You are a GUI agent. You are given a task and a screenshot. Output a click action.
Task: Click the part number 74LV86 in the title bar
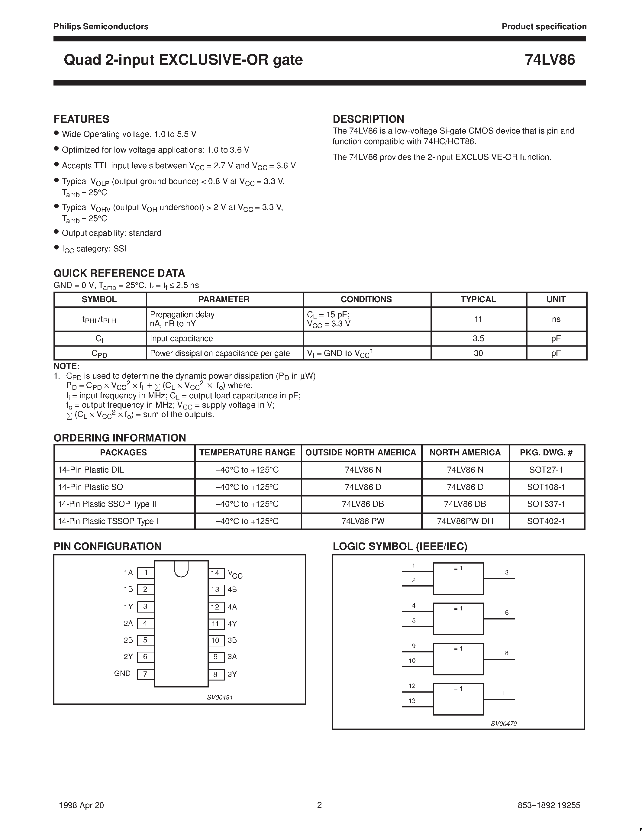coord(550,60)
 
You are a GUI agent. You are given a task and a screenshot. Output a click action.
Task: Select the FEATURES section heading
coord(81,119)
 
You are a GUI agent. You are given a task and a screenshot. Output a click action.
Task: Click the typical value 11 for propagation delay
coord(478,319)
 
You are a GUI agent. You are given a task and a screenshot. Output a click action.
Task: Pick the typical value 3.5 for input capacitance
coord(478,338)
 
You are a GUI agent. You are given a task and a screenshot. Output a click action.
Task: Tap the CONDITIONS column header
coord(366,299)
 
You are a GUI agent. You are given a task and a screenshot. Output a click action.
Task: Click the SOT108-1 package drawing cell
coord(546,487)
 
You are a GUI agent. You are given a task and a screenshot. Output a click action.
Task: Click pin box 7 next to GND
coord(145,674)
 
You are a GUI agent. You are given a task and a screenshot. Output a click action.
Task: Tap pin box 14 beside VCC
coord(215,573)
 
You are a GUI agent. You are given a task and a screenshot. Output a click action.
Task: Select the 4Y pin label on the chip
coord(232,624)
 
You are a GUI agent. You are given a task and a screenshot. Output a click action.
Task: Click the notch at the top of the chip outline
coord(181,569)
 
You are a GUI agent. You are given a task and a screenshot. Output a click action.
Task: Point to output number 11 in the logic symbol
coord(505,693)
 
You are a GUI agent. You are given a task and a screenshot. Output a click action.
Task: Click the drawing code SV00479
coord(504,724)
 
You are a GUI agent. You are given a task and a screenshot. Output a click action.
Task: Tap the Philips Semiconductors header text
coord(101,27)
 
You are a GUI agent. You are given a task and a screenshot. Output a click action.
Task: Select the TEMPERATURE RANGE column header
coord(247,452)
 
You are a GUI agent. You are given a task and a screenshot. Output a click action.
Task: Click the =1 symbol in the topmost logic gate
coord(458,568)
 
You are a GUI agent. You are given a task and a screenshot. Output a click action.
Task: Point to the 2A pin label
coord(128,623)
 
